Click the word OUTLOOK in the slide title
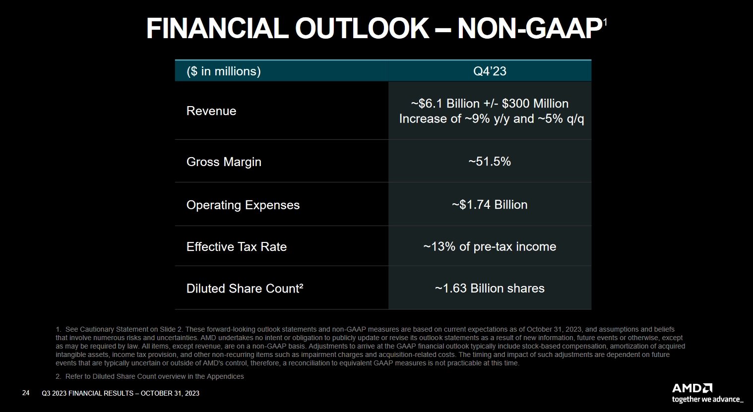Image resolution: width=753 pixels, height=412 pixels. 362,29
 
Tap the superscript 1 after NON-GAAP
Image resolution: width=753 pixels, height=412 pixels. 605,22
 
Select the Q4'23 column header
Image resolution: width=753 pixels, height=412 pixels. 490,71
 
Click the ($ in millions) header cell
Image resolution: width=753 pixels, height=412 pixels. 223,71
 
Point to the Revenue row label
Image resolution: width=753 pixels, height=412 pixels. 211,111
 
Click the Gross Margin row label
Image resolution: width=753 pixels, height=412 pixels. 224,162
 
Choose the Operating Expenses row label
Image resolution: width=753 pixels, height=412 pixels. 243,205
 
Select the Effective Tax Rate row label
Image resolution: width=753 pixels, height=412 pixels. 237,247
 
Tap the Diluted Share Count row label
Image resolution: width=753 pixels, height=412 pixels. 245,289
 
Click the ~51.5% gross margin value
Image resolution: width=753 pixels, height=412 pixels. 490,162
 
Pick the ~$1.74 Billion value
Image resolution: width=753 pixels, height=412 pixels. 490,205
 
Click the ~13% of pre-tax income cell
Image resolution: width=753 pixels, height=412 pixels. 490,247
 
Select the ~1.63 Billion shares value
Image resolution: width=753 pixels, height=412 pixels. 490,289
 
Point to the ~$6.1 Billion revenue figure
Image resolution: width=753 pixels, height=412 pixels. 445,104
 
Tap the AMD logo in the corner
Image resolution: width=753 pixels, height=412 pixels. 692,388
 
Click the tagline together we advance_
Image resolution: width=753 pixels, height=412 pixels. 708,399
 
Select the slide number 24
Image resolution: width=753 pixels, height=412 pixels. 26,393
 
